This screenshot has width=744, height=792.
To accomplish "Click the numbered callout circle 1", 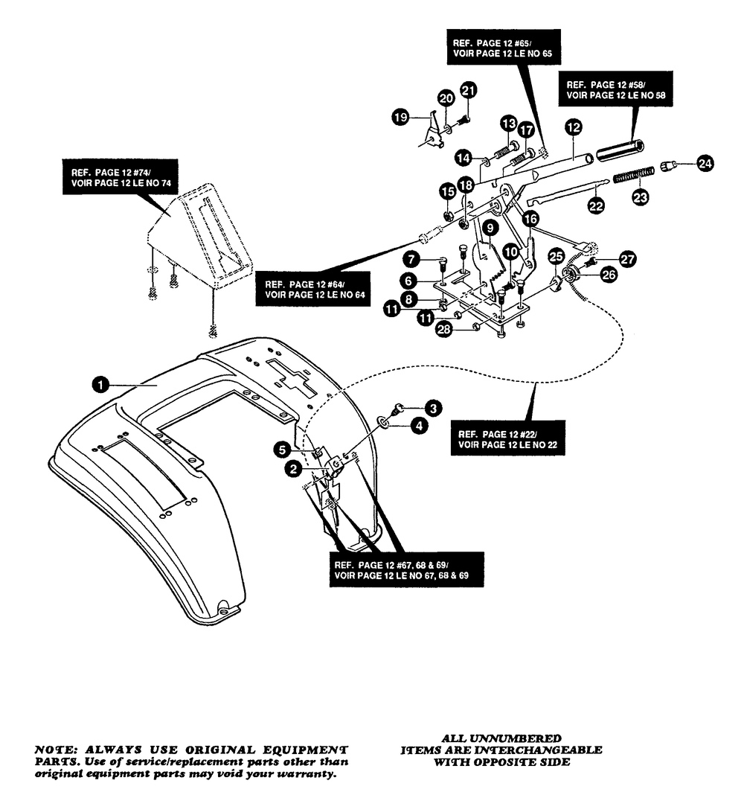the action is pyautogui.click(x=100, y=385).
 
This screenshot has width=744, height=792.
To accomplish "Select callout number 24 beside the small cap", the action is pyautogui.click(x=705, y=163).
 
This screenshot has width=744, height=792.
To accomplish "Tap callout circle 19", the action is pyautogui.click(x=401, y=118).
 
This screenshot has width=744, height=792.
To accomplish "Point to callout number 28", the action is pyautogui.click(x=443, y=330).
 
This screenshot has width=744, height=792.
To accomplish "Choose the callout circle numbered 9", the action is pyautogui.click(x=490, y=229).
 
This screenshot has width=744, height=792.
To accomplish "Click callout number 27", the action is pyautogui.click(x=627, y=260).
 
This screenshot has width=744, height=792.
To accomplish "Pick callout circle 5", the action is pyautogui.click(x=282, y=450).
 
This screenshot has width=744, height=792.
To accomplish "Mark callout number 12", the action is pyautogui.click(x=574, y=127).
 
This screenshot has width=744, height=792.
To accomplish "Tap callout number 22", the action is pyautogui.click(x=596, y=206).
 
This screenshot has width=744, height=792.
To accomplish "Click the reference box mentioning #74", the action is pyautogui.click(x=121, y=177).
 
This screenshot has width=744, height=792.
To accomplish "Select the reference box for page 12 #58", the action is pyautogui.click(x=615, y=89).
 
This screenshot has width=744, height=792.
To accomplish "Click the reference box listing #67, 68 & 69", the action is pyautogui.click(x=406, y=569).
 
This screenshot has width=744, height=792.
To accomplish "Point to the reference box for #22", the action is pyautogui.click(x=507, y=438).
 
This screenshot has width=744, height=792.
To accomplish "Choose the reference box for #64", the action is pyautogui.click(x=313, y=289).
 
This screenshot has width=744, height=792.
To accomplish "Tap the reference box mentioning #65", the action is pyautogui.click(x=503, y=47).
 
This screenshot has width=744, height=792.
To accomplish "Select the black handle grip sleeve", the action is pyautogui.click(x=620, y=150).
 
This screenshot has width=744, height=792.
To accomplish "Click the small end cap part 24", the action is pyautogui.click(x=668, y=165).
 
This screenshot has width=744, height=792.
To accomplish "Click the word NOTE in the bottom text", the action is pyautogui.click(x=55, y=750).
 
